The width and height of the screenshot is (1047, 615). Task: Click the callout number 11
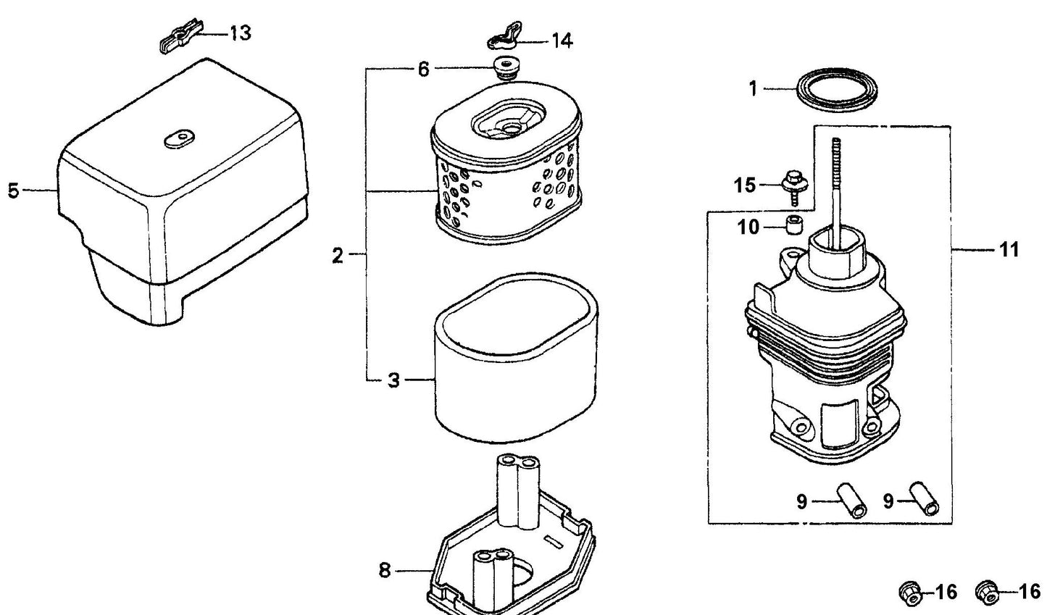pyautogui.click(x=1009, y=250)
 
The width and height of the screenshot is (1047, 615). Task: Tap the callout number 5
pyautogui.click(x=13, y=191)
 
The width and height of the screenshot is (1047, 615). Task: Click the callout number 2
pyautogui.click(x=338, y=255)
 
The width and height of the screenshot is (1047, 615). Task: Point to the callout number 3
pyautogui.click(x=393, y=380)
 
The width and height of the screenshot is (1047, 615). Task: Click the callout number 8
pyautogui.click(x=385, y=571)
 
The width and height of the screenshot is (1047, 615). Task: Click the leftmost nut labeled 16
pyautogui.click(x=909, y=593)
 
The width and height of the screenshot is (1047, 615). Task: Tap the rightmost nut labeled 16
pyautogui.click(x=986, y=593)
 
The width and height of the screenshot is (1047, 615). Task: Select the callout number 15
pyautogui.click(x=745, y=185)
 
